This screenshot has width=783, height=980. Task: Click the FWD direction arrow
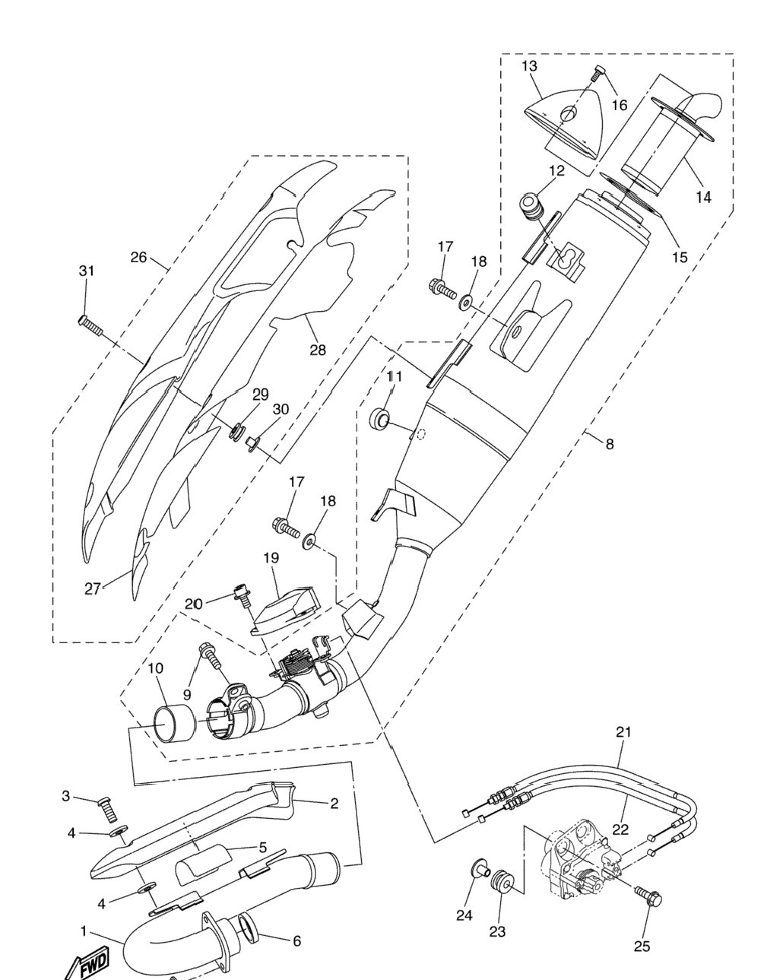pos(88,962)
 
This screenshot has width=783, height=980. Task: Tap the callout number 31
pos(87,271)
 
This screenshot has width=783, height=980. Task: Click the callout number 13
pos(529,66)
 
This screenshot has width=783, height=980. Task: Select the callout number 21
pos(623,732)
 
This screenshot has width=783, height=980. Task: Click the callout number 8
pos(610,443)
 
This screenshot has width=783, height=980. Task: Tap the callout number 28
pos(318,350)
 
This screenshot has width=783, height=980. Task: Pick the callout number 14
pos(703,197)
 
